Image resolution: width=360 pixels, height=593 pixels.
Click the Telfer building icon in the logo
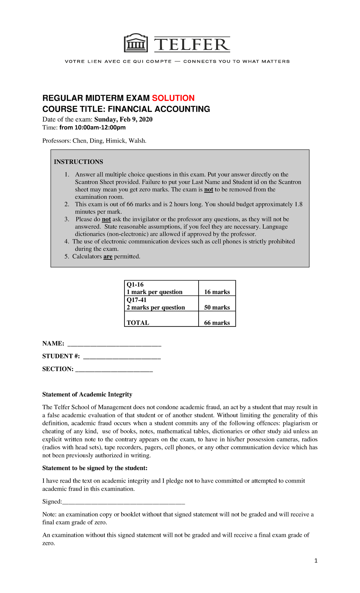136,43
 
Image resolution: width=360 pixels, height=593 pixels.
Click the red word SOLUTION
173,98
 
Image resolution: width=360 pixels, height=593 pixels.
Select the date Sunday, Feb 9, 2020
123,119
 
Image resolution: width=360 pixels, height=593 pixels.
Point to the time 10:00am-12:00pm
92,128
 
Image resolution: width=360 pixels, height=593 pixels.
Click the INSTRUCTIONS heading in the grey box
78,162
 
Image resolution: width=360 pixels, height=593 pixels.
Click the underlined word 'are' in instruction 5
108,257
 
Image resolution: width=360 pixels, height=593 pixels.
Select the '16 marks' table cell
217,292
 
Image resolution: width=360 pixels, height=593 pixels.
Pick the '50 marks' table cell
217,307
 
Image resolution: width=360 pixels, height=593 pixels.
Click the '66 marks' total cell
217,323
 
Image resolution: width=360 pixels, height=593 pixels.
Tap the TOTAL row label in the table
138,323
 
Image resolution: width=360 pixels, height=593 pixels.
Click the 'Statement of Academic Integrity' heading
87,394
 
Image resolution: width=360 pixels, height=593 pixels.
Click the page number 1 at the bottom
316,561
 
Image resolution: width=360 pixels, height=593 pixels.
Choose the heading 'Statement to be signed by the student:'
95,468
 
